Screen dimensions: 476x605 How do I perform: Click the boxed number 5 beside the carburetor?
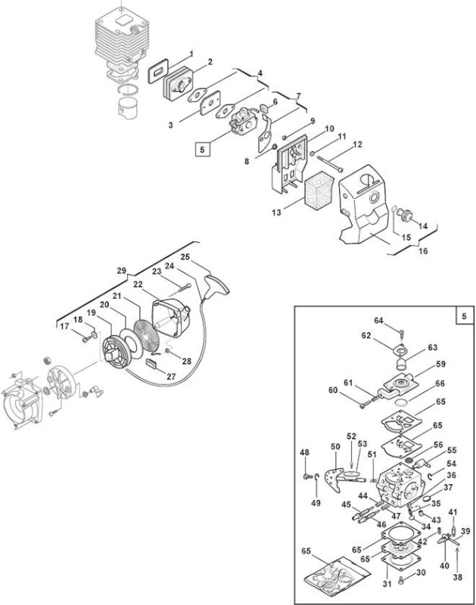click(x=203, y=149)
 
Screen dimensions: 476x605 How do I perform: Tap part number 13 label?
click(x=276, y=213)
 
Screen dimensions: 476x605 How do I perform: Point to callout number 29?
click(x=122, y=271)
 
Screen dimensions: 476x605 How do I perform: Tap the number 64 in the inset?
click(x=378, y=321)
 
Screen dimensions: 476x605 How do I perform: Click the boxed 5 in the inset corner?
click(x=464, y=316)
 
